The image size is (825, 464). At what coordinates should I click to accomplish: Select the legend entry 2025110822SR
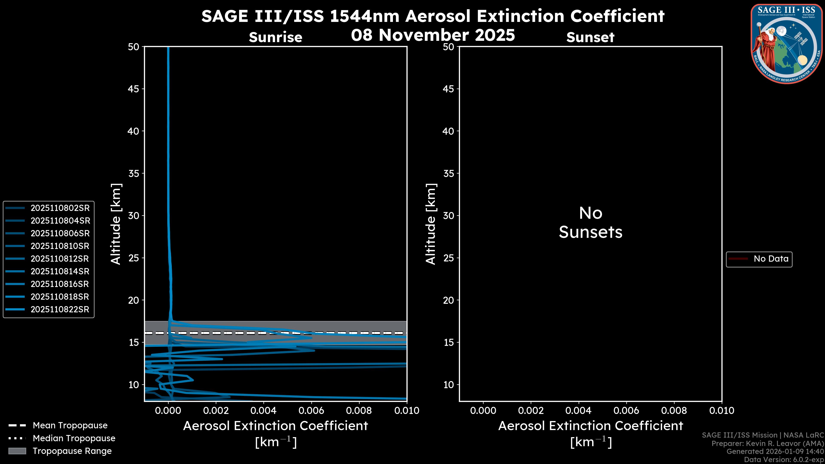coord(60,310)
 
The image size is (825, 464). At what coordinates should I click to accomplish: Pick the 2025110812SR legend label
coord(60,259)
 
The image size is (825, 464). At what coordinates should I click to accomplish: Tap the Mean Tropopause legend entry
coord(70,426)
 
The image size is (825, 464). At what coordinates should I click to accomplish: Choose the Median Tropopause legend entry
coord(74,438)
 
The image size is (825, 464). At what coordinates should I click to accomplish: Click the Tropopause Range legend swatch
coord(17,451)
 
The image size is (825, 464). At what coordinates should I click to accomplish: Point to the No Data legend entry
coord(771,259)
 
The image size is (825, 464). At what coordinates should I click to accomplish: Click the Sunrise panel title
coord(275,37)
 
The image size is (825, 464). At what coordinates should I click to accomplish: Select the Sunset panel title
coord(590,37)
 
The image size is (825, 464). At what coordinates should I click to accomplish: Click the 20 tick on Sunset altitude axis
coord(448,300)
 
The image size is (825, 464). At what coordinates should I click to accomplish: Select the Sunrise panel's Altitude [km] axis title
coord(116,224)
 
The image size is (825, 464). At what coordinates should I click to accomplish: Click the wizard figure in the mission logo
coord(766,48)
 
